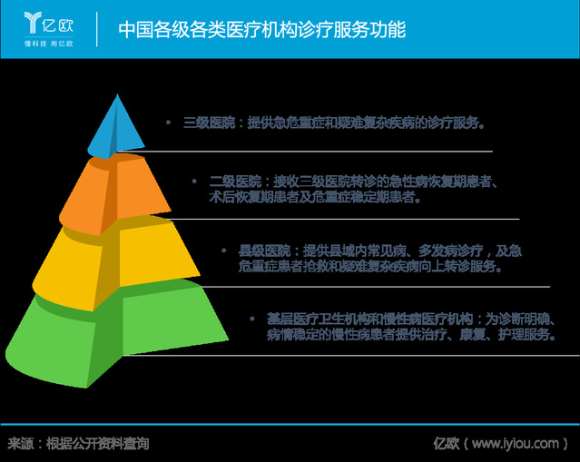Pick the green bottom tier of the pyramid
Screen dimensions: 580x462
116,333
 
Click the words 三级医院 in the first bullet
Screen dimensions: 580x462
210,123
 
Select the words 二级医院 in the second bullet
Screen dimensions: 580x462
236,182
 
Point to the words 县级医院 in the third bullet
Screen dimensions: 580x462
264,251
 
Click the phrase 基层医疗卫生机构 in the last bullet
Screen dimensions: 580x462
319,319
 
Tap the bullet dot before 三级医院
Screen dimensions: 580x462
168,122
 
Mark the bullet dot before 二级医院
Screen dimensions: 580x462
194,181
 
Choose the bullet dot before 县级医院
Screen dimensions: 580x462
224,251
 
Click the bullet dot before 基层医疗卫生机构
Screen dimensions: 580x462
252,319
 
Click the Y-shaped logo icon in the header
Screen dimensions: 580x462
32,22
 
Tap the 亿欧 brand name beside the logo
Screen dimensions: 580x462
58,25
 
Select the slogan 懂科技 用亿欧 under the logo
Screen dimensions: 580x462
48,44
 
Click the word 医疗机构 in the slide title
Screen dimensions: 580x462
261,30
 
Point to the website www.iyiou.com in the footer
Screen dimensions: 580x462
516,443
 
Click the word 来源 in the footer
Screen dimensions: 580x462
21,443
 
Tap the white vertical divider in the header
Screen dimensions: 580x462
97,29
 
